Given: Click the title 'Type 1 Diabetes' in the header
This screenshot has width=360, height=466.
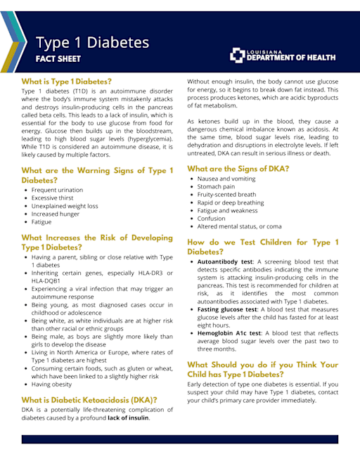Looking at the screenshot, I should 92,43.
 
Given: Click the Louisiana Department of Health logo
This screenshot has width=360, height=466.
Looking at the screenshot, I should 285,56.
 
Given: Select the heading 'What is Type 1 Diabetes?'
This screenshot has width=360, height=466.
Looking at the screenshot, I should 66,82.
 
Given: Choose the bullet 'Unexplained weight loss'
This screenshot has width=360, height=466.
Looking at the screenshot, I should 65,206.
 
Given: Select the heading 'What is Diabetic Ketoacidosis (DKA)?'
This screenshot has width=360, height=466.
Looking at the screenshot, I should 89,400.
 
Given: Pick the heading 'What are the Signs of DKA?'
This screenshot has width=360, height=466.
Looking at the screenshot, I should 238,169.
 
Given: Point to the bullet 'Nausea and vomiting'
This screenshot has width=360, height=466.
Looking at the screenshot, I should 226,179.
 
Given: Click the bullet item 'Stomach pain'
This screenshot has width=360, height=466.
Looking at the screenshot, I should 217,187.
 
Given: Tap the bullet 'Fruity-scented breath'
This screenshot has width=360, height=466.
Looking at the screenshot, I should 226,195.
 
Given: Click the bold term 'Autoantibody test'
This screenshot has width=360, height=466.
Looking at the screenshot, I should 225,261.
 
